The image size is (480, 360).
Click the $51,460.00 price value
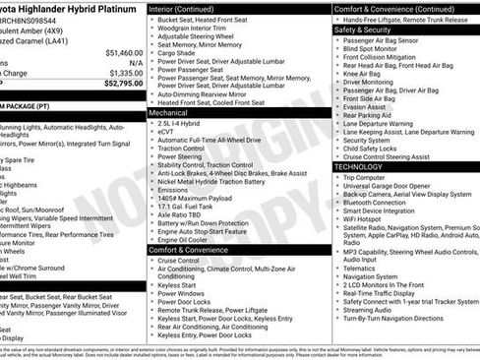[x=117, y=52]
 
